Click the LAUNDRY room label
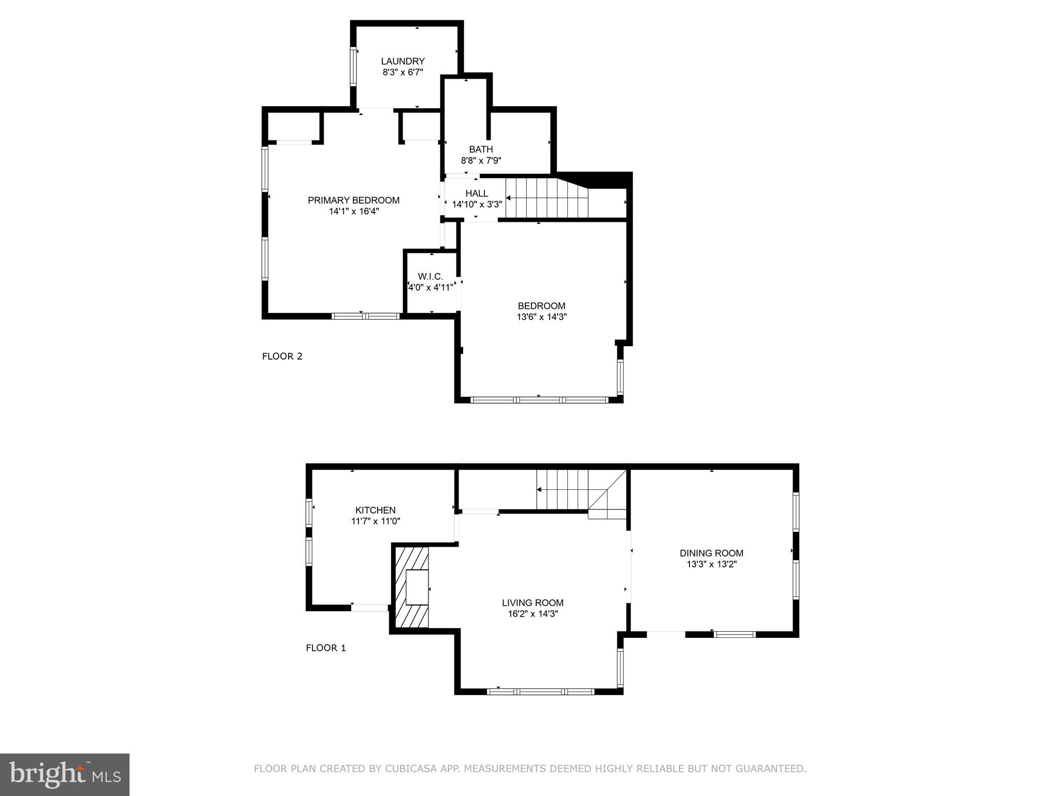tap(403, 61)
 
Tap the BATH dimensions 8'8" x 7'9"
tap(481, 161)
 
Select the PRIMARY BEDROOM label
tap(353, 201)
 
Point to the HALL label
tap(476, 193)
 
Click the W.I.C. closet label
tap(431, 277)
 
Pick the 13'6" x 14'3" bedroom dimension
tap(541, 317)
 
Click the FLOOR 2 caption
tap(282, 356)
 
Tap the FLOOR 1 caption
tap(325, 648)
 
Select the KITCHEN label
tap(375, 510)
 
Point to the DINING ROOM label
tap(711, 553)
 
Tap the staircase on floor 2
tap(547, 198)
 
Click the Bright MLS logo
tap(65, 775)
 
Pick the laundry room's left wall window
tap(353, 66)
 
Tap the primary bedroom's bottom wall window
tap(366, 316)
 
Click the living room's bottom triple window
tap(541, 691)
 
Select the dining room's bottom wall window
tap(735, 634)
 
